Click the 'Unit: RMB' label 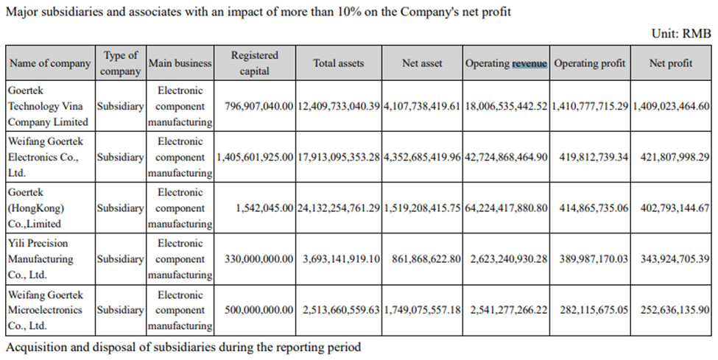coord(681,34)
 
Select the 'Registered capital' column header coord(255,63)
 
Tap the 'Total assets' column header coord(338,63)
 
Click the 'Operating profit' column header coord(589,63)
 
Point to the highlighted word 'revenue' coord(529,63)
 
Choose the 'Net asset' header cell coord(422,63)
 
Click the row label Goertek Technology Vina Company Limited coord(48,106)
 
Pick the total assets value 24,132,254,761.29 coord(339,208)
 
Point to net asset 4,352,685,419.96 coord(422,157)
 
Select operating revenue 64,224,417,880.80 coord(506,208)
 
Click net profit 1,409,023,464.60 coord(671,106)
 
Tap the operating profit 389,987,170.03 coord(589,259)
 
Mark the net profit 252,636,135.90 coord(671,310)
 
